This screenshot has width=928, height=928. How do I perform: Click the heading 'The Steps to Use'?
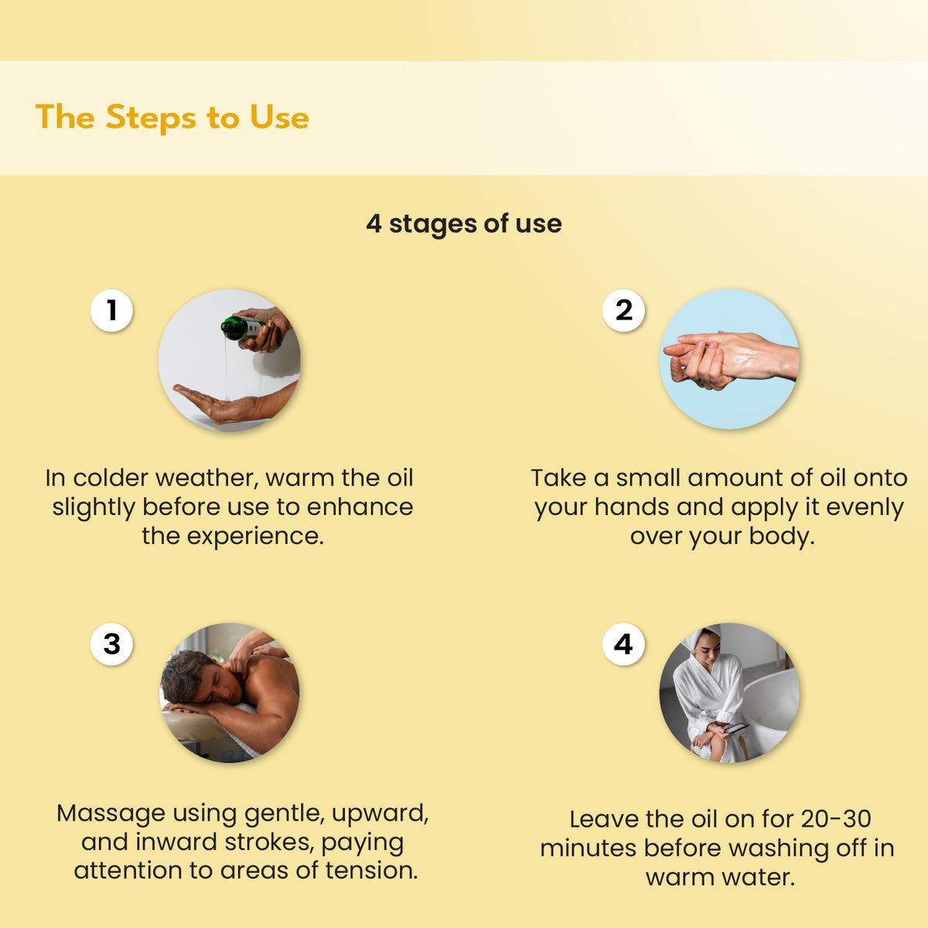(x=172, y=118)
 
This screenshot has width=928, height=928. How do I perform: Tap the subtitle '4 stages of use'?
(x=464, y=224)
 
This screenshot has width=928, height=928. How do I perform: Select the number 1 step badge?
(x=111, y=310)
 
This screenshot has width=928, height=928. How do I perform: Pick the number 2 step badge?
(x=623, y=310)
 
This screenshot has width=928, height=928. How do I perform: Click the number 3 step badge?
(x=111, y=644)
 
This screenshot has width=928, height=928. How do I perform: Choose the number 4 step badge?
(x=623, y=644)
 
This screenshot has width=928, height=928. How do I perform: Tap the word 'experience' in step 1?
(x=254, y=537)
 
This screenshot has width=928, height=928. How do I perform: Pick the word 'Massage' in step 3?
(x=113, y=814)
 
